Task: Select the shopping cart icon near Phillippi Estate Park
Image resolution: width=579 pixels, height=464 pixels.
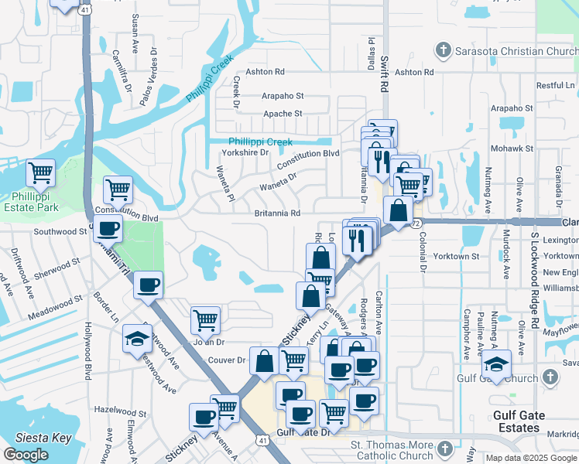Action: [118, 188]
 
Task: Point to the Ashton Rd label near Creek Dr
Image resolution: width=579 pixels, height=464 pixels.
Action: [265, 72]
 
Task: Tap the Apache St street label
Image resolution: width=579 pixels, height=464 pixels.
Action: [283, 114]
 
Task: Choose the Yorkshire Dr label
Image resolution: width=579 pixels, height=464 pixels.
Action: [245, 152]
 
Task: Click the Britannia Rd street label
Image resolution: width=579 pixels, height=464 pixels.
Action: [277, 213]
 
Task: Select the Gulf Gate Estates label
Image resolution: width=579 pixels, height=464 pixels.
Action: [530, 421]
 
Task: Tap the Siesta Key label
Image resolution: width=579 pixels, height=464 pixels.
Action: [44, 438]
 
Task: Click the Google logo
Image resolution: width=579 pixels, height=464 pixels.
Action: [26, 455]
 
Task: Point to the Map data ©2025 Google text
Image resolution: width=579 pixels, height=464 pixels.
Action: [531, 458]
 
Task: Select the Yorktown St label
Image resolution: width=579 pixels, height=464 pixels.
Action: [457, 256]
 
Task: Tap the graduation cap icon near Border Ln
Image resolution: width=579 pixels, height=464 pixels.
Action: [137, 338]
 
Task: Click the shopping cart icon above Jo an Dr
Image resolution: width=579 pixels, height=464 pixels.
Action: [205, 319]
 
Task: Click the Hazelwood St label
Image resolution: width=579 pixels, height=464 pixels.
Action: [120, 414]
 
